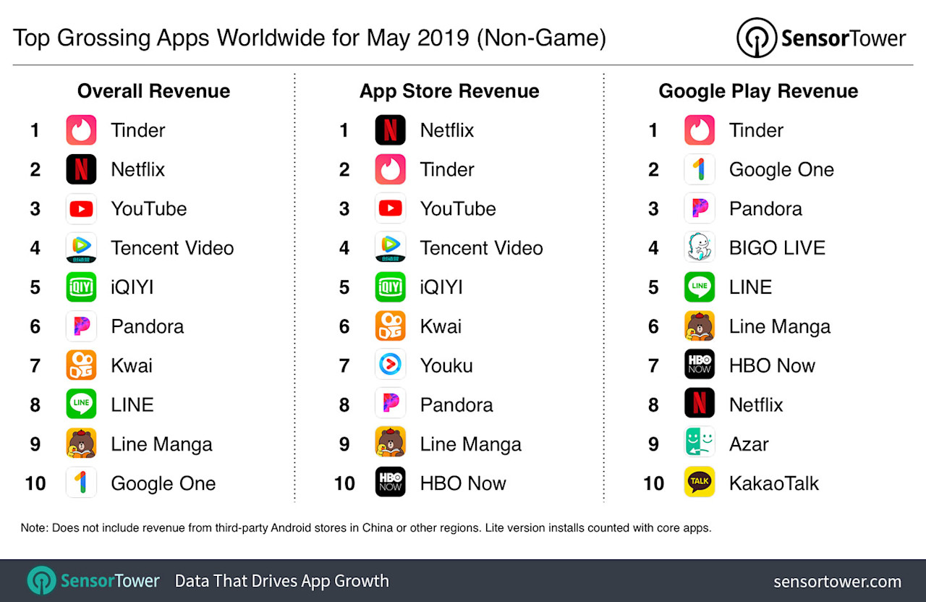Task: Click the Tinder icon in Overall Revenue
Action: (x=81, y=130)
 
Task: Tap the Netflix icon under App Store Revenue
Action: (x=390, y=130)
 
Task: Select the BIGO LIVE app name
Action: (x=776, y=248)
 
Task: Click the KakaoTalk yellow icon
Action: (x=699, y=483)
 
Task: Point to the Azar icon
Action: (x=699, y=444)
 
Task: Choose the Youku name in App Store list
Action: (x=446, y=365)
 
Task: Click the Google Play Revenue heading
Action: (x=757, y=91)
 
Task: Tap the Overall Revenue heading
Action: (x=153, y=91)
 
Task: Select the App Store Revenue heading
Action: (x=449, y=91)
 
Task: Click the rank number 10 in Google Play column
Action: (x=653, y=483)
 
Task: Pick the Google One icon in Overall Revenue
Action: (x=81, y=483)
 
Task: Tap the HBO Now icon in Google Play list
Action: (x=699, y=365)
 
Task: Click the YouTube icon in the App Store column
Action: (x=390, y=208)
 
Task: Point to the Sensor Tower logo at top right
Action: (x=820, y=38)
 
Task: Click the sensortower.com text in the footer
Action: (x=837, y=582)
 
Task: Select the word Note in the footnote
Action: (x=33, y=528)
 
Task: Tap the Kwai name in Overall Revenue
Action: (x=131, y=365)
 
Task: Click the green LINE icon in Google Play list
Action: (x=699, y=287)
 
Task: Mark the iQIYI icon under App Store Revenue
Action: (x=390, y=287)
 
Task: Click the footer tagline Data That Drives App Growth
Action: (x=281, y=581)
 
